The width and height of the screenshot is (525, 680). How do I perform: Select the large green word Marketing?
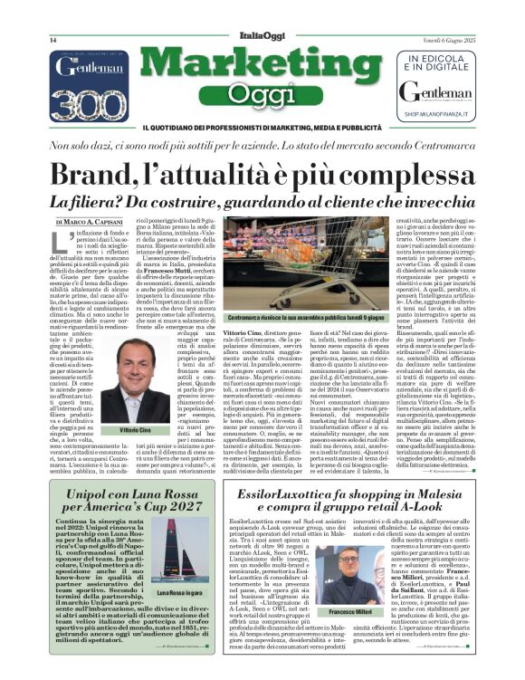pos(262,66)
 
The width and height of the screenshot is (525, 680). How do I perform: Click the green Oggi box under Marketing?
pos(262,93)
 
